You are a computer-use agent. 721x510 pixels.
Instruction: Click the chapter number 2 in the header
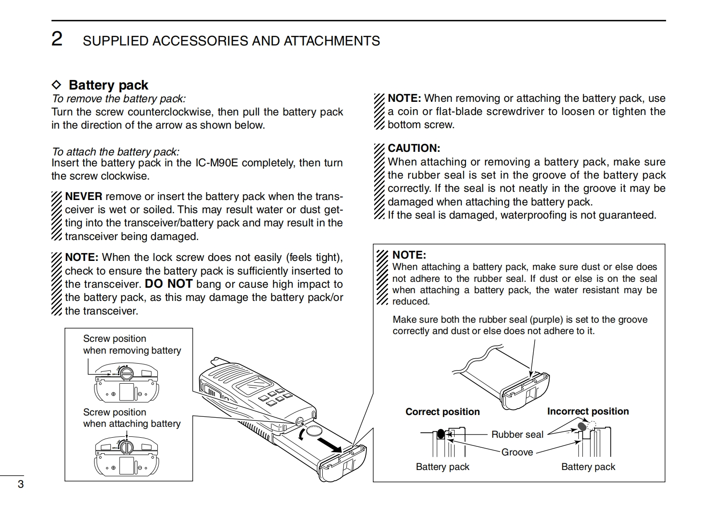pos(57,39)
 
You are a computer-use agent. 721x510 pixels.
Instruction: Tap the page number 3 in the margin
pos(20,484)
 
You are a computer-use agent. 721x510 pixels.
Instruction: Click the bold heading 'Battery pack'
pos(108,85)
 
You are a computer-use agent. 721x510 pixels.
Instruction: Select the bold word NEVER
pos(84,196)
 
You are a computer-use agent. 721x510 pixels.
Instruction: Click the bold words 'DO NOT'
pos(169,284)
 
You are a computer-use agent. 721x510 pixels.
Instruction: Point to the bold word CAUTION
pos(414,148)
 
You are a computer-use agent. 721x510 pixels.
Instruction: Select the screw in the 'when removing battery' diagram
pos(127,374)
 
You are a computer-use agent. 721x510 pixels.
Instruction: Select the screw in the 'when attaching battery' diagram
pos(127,447)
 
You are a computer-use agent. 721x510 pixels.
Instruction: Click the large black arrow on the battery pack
pos(329,445)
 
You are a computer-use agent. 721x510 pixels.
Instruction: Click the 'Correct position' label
pos(442,412)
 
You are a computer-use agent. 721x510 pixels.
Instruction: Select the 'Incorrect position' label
pos(588,411)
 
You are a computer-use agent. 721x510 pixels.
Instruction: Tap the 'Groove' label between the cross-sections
pos(517,452)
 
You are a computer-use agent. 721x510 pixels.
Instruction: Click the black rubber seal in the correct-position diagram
pos(440,434)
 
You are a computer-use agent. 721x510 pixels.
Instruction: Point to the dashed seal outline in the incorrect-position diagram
pos(591,425)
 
